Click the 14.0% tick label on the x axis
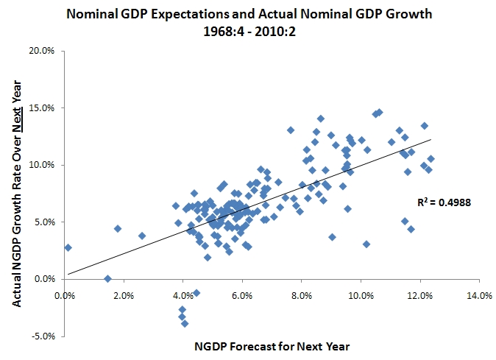(x=479, y=297)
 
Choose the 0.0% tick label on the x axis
(x=65, y=297)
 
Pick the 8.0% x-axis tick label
(x=302, y=297)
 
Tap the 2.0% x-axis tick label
(x=124, y=297)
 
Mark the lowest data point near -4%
(x=185, y=323)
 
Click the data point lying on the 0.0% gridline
(x=107, y=279)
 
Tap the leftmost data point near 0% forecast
(x=68, y=247)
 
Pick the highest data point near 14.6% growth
(x=379, y=112)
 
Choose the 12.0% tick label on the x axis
(x=420, y=297)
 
